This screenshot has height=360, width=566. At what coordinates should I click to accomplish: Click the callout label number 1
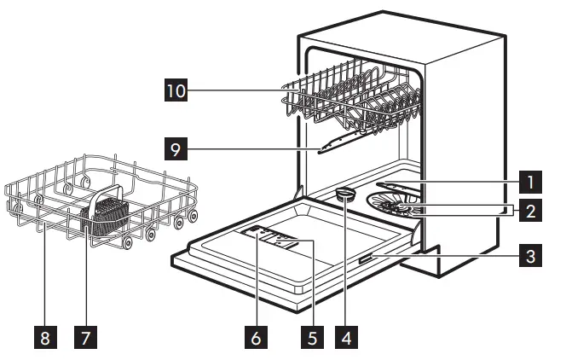[x=530, y=181]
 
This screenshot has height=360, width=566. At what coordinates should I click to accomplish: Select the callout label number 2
[x=530, y=208]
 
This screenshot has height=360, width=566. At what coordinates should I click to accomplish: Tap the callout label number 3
[x=530, y=254]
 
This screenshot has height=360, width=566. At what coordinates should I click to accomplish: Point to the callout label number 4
[x=344, y=336]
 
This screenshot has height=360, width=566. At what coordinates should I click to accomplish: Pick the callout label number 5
[x=313, y=336]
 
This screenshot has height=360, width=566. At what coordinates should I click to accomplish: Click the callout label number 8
[x=44, y=336]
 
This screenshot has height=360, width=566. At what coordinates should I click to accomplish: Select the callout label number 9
[x=176, y=150]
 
